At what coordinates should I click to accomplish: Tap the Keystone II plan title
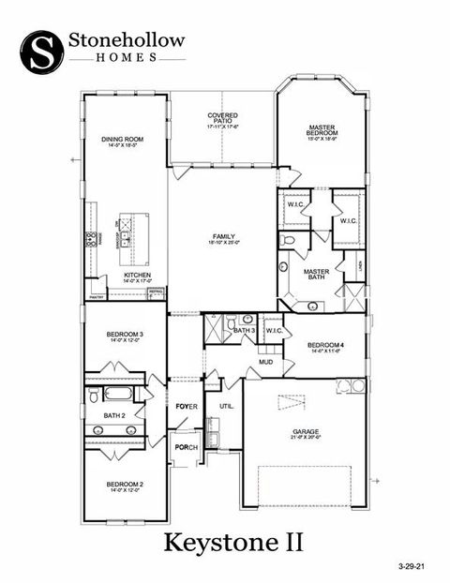coord(235,541)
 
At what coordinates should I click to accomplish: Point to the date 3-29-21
coord(411,566)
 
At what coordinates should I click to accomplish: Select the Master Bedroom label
coord(322,131)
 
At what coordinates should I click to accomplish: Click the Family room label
coord(223,236)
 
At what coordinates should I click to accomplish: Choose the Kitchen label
coord(137,275)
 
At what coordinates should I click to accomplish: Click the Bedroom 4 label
coord(327,345)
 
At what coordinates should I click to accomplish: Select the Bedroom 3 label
coord(126,335)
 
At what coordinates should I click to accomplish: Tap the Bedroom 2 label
coord(126,484)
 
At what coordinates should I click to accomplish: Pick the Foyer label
coord(187,406)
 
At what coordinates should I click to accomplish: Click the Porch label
coord(186,447)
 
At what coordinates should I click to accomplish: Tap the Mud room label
coord(265,361)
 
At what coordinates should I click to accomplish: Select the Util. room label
coord(226,406)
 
